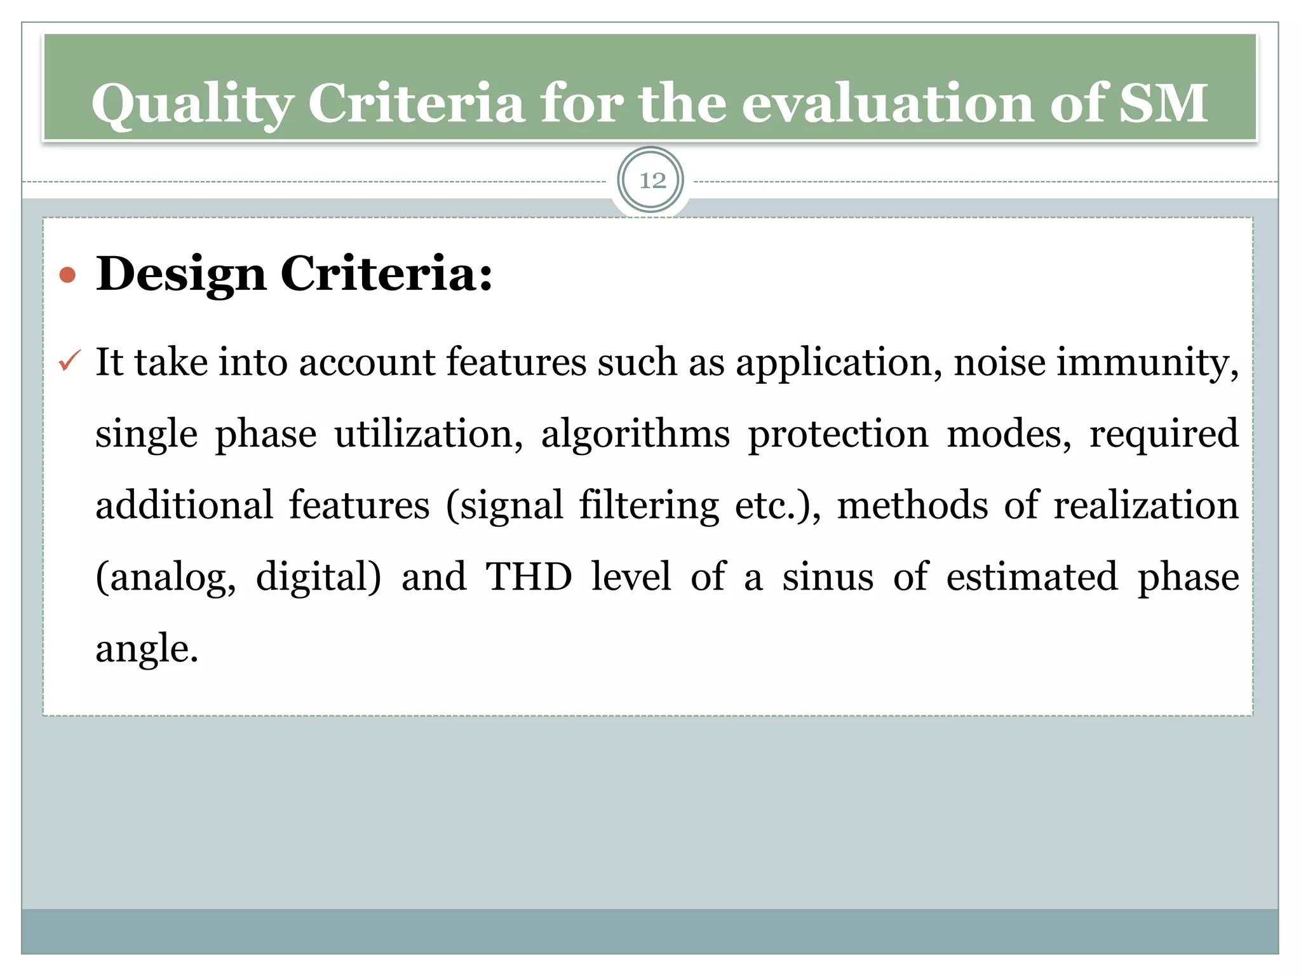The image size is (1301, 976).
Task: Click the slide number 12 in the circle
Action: tap(652, 181)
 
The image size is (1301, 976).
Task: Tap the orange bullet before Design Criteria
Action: tap(67, 276)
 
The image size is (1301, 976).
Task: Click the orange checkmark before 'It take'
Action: tap(69, 361)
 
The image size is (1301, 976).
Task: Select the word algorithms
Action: tap(635, 435)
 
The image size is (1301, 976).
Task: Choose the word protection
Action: tap(839, 435)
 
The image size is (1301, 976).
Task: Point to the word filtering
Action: tap(649, 507)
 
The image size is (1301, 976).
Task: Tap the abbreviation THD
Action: tap(529, 577)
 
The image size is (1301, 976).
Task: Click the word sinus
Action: tap(828, 577)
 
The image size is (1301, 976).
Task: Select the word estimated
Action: tap(1032, 577)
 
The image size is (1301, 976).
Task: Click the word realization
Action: tap(1146, 506)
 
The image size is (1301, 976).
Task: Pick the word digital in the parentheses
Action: tap(318, 578)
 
